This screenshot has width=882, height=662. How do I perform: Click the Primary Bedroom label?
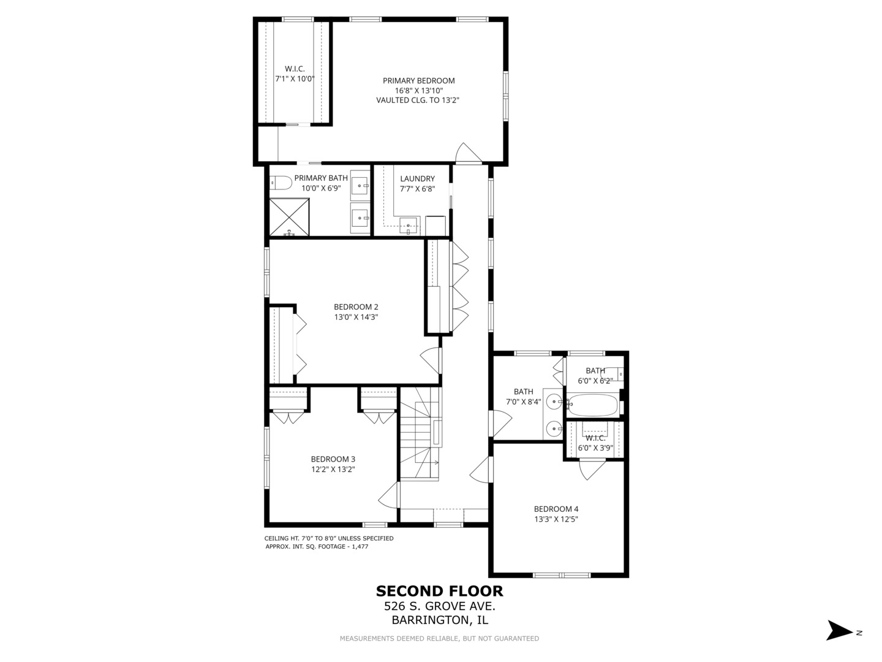point(418,80)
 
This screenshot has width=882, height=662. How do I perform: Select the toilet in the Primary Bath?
point(281,182)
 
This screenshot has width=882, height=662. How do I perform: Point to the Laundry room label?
point(417,178)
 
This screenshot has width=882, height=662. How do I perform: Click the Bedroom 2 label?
point(356,306)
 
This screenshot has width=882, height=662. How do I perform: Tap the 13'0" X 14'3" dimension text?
point(356,318)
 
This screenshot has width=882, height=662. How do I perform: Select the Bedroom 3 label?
point(333,459)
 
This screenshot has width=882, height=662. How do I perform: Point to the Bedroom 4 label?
point(556,509)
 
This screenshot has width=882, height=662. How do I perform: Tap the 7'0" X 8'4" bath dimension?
point(523,402)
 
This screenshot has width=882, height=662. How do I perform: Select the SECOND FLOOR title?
point(439,591)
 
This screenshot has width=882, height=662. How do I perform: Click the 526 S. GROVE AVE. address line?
point(439,606)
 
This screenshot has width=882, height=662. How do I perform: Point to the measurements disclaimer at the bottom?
point(439,639)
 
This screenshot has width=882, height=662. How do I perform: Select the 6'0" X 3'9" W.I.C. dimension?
point(595,448)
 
